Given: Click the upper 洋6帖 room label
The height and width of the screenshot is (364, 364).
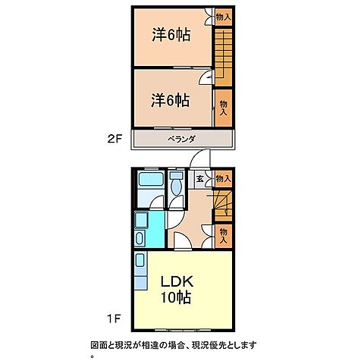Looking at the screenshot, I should click(x=170, y=35).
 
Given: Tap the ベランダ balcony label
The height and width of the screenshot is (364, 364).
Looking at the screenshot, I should click(x=182, y=140).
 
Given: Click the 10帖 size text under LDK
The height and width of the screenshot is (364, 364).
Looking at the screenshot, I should click(x=174, y=297).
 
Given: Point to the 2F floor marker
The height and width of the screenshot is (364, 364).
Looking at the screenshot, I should click(x=114, y=140).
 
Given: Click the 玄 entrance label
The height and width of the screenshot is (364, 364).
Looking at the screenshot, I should click(x=199, y=179).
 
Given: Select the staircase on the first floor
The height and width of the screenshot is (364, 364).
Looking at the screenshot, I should click(x=222, y=206).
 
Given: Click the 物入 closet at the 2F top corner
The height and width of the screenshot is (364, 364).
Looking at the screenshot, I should click(x=223, y=16).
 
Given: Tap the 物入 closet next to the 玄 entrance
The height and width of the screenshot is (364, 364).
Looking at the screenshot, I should click(x=223, y=179).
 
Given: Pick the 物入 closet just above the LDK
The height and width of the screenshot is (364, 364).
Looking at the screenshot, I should click(x=223, y=235).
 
